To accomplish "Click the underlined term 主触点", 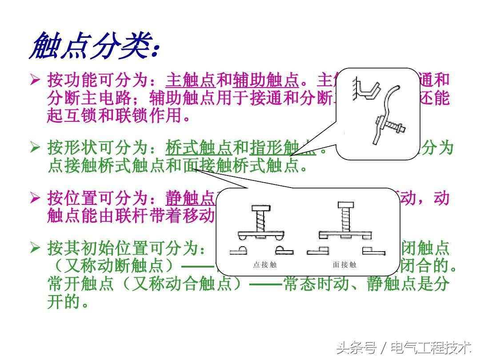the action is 190,80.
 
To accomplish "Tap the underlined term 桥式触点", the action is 199,147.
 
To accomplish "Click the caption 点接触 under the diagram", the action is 265,265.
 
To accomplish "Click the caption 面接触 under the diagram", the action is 344,265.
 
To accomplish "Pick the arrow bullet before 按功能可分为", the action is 35,80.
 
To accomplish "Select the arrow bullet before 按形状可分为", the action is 35,147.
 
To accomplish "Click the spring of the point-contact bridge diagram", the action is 259,221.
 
